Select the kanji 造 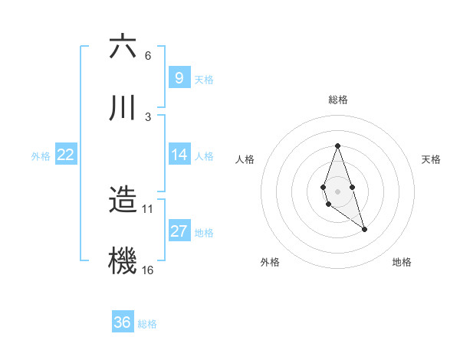point(123,199)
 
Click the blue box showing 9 point(179,77)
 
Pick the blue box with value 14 point(179,155)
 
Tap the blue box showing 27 point(179,231)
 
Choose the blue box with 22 point(65,155)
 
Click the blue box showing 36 point(122,322)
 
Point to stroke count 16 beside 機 point(148,270)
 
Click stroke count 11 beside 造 point(148,208)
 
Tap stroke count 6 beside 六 point(148,56)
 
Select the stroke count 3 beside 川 point(148,116)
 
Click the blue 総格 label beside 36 point(147,324)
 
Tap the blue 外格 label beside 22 point(41,156)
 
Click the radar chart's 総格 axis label point(337,100)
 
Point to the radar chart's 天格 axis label point(432,159)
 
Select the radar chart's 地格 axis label point(402,262)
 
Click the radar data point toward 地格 point(364,229)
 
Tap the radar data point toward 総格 point(337,146)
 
